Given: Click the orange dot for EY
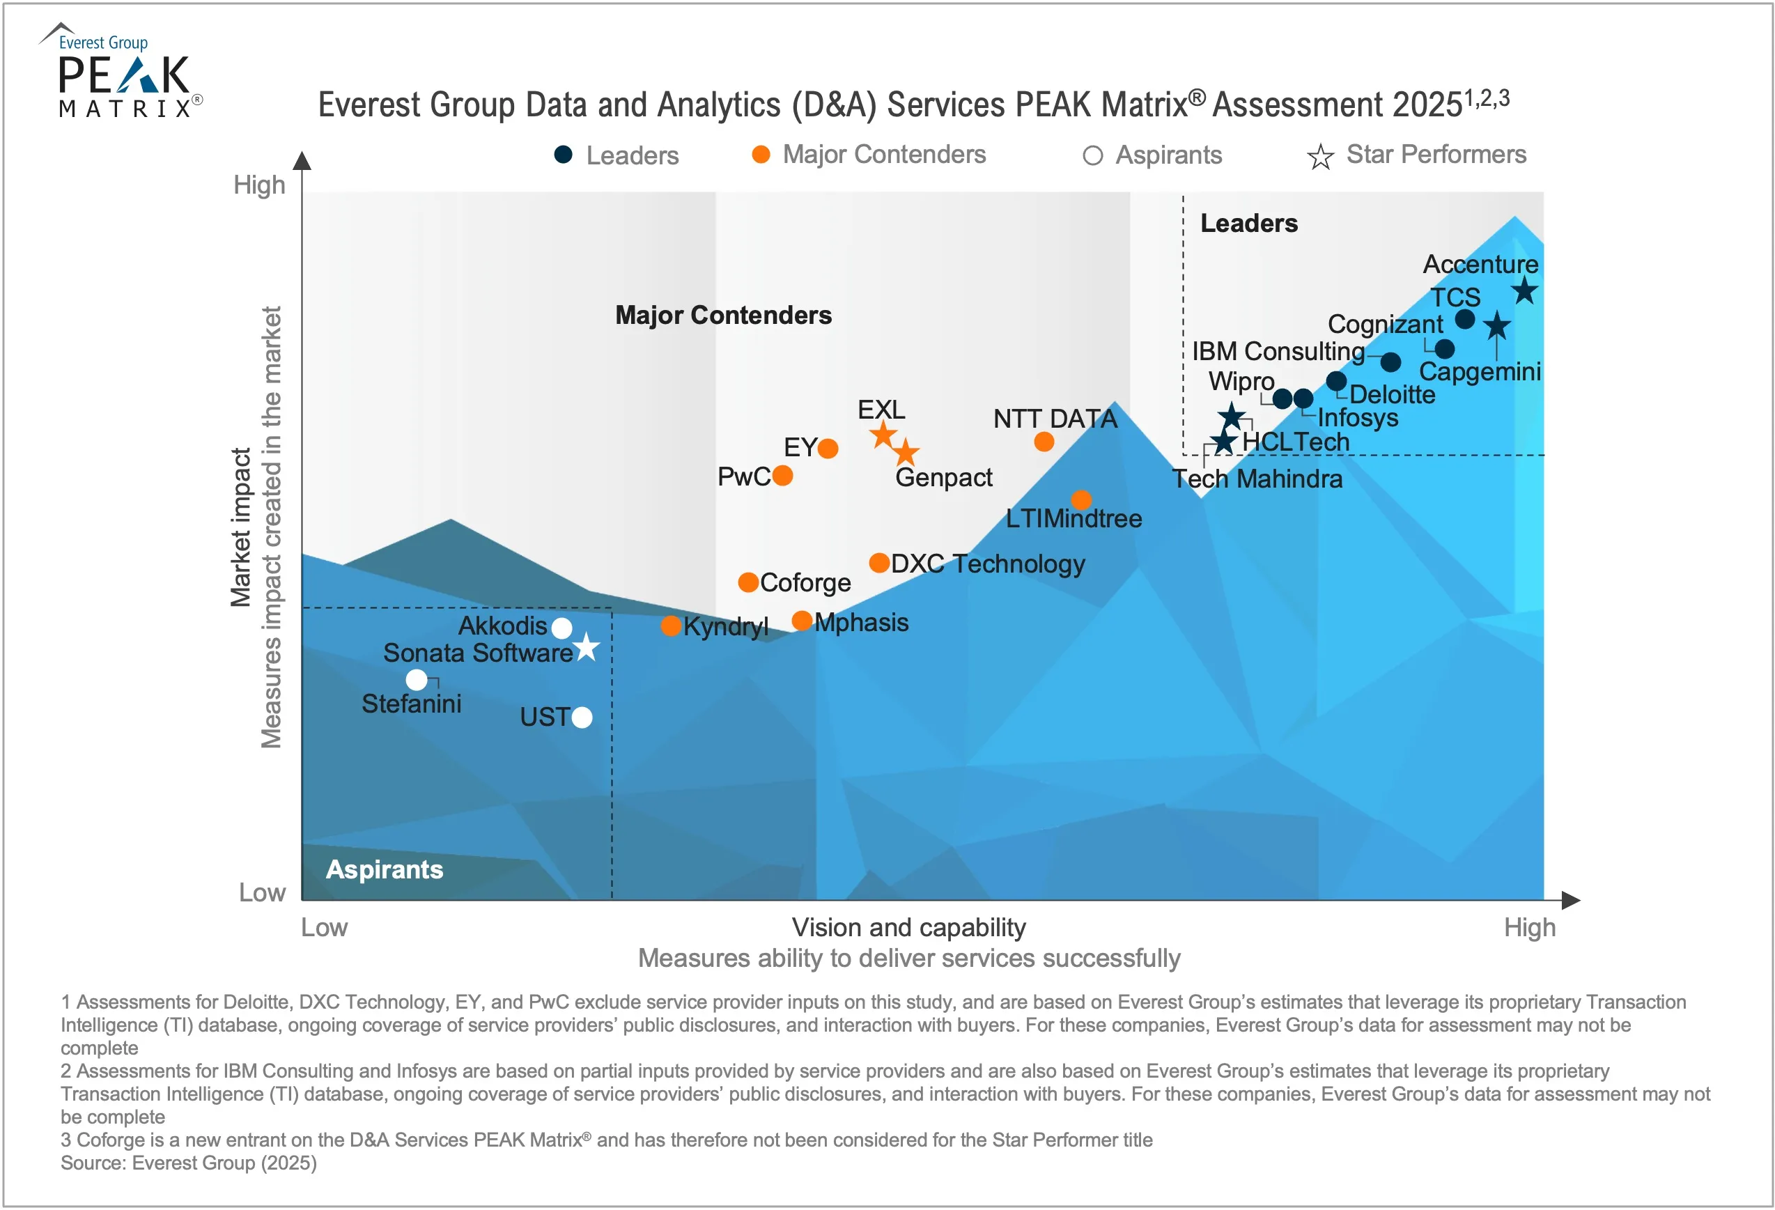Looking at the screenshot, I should pyautogui.click(x=828, y=449).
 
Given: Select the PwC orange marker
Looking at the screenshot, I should pyautogui.click(x=783, y=476).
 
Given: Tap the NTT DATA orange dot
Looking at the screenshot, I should pyautogui.click(x=1044, y=442).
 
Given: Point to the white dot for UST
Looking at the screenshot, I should pyautogui.click(x=582, y=718).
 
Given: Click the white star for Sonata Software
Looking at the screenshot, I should pyautogui.click(x=586, y=648).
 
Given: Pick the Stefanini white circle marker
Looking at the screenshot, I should pyautogui.click(x=417, y=679).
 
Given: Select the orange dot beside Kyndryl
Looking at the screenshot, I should pyautogui.click(x=671, y=626).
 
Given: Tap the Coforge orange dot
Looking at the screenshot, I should pyautogui.click(x=748, y=582).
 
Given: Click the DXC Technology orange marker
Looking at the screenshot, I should pyautogui.click(x=879, y=563).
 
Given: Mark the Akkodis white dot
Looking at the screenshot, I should pyautogui.click(x=562, y=628).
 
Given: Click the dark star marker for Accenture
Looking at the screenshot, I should pyautogui.click(x=1524, y=291).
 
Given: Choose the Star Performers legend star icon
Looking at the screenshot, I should pyautogui.click(x=1320, y=157).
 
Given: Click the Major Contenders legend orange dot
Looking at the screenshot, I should pyautogui.click(x=761, y=155).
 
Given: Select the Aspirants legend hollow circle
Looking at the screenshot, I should pyautogui.click(x=1093, y=156).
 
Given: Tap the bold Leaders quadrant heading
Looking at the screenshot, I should pyautogui.click(x=1249, y=223).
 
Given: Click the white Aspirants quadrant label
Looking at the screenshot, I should pyautogui.click(x=384, y=869).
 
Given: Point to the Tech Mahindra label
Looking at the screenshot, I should pyautogui.click(x=1257, y=479).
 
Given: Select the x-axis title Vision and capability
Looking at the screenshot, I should pyautogui.click(x=909, y=927).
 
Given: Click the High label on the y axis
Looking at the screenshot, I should pyautogui.click(x=259, y=185).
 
